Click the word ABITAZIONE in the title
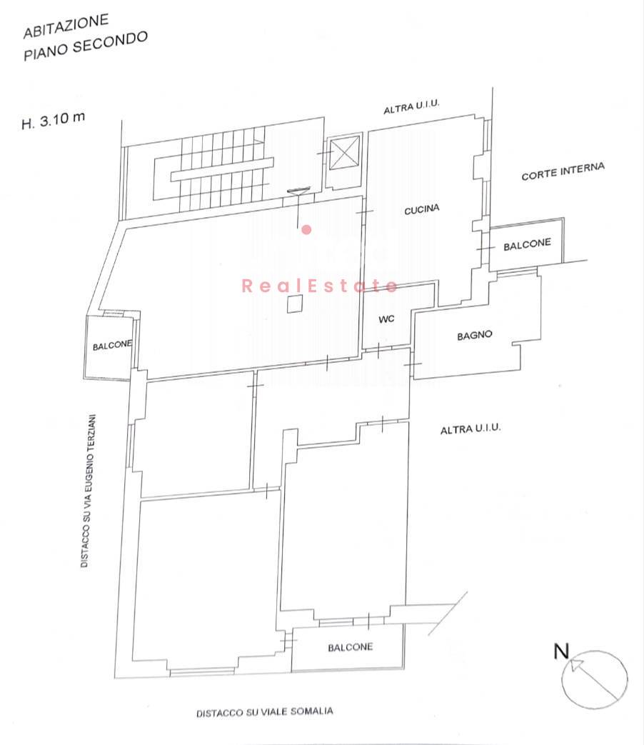[66, 26]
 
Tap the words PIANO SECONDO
[86, 46]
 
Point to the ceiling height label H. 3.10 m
[54, 120]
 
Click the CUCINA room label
[422, 209]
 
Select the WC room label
[386, 319]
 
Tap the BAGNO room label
[475, 336]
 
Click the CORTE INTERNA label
[563, 171]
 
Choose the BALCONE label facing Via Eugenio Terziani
[113, 344]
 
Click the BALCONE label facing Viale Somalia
[351, 647]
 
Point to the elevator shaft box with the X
[344, 153]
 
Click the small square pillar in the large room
[294, 304]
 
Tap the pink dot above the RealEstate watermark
[307, 230]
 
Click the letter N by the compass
[561, 651]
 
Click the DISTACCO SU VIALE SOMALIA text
[265, 712]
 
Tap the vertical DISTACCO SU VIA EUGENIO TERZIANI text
[89, 491]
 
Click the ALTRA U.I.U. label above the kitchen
[411, 107]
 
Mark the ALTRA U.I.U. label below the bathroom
[471, 429]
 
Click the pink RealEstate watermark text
[319, 286]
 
